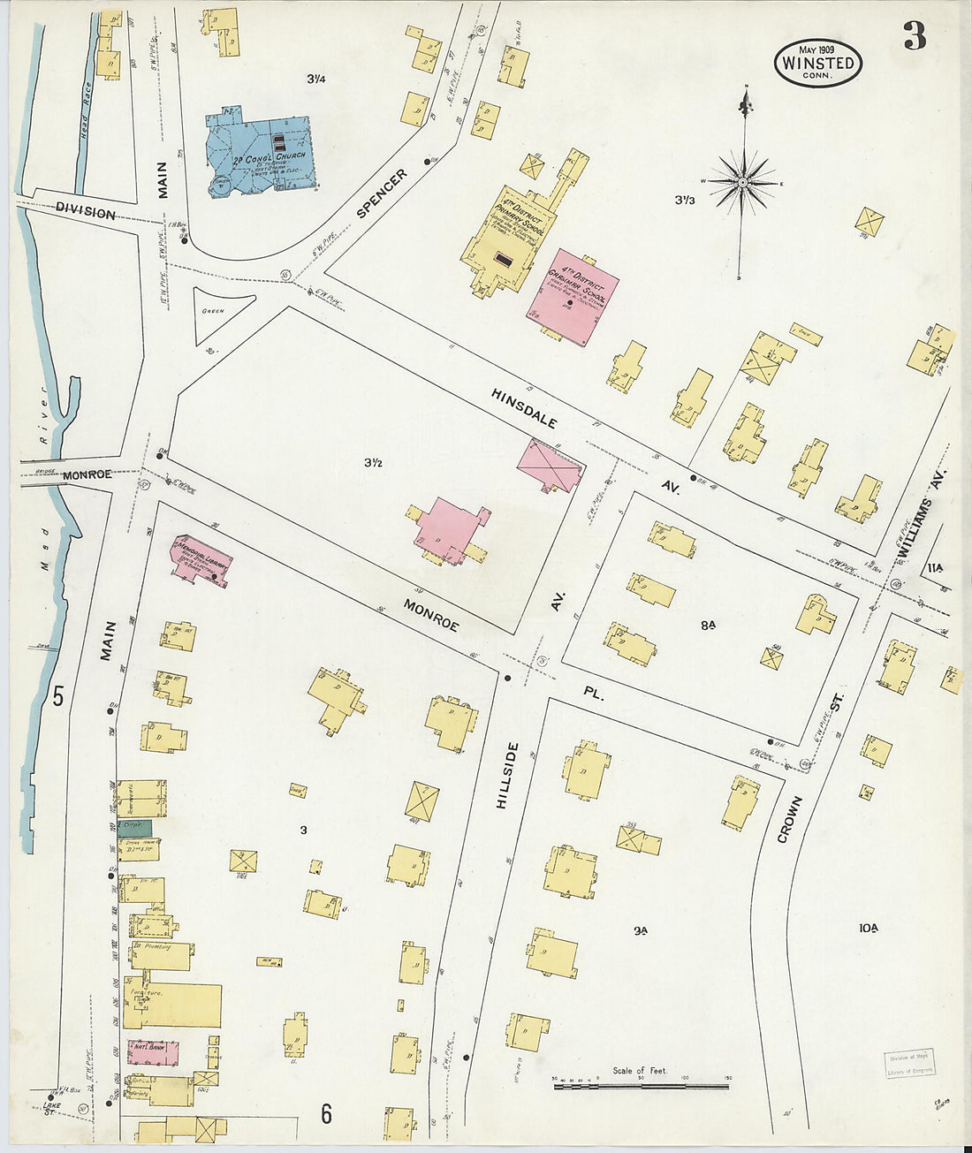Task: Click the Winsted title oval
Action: coord(817,63)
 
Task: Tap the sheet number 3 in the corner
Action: coord(915,36)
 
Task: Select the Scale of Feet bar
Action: coord(641,1085)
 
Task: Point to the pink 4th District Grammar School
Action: coord(573,299)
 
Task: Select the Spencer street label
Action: coord(383,193)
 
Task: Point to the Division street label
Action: coord(85,212)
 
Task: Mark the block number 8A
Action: coord(708,625)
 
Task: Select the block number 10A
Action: coord(868,928)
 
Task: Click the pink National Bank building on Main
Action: coord(156,1052)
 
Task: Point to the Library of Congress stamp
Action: coord(908,1063)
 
